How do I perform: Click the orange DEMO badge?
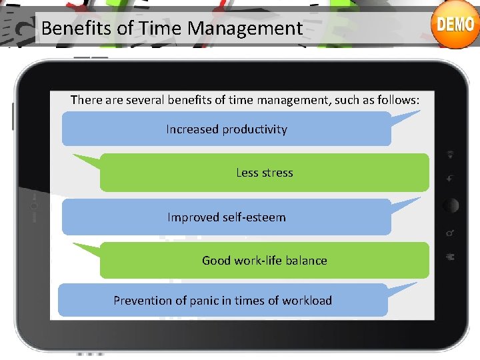click(455, 25)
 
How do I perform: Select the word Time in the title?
click(163, 29)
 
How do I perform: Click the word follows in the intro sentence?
click(397, 100)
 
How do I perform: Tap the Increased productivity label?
click(227, 129)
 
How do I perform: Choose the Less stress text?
click(265, 173)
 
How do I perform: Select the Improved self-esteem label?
click(227, 217)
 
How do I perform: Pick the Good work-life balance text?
click(265, 261)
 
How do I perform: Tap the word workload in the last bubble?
click(307, 301)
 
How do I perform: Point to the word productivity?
click(255, 129)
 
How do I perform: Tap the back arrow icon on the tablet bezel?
click(451, 179)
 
